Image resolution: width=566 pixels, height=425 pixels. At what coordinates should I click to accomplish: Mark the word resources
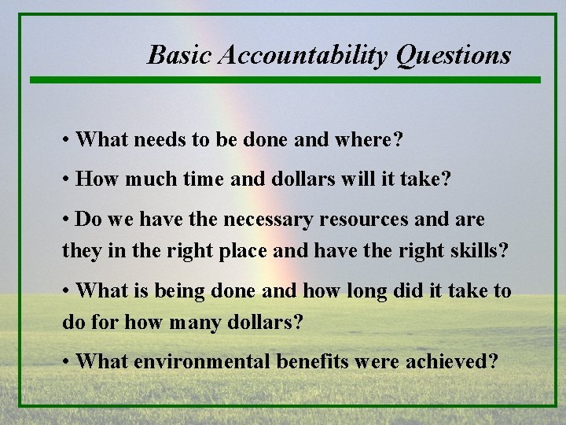tap(361, 217)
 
